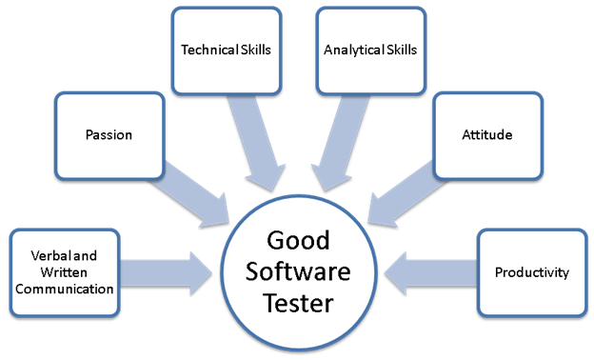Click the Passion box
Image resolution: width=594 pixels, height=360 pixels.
click(108, 135)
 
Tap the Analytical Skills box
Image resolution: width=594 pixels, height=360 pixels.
click(369, 50)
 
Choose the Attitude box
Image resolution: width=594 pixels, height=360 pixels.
click(486, 135)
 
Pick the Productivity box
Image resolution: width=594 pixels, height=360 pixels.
click(531, 272)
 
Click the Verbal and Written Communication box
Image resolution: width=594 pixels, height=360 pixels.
click(65, 272)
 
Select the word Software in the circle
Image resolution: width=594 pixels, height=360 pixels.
click(299, 272)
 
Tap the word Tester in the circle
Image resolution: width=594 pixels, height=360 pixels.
click(299, 306)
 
